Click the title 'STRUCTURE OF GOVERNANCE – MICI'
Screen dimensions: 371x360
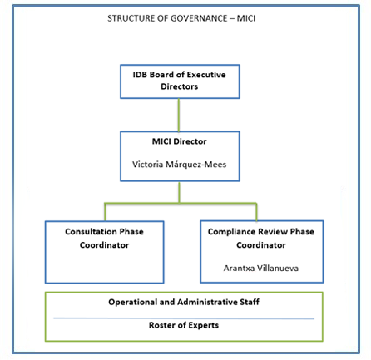[x=181, y=18]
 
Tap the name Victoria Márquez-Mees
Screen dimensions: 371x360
[x=179, y=165]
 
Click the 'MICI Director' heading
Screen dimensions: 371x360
[x=179, y=141]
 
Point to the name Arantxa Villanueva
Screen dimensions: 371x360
[x=261, y=268]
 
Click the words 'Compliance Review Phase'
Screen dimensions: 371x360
[x=261, y=231]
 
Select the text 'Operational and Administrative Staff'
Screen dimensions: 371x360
[x=184, y=302]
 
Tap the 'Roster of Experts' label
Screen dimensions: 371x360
[x=184, y=325]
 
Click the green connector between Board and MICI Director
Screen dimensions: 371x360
[x=179, y=115]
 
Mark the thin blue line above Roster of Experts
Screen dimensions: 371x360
[x=184, y=318]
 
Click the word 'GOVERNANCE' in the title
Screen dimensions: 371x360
[x=199, y=18]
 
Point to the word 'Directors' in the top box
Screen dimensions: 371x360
[x=179, y=86]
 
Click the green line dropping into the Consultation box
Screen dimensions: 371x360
[x=105, y=212]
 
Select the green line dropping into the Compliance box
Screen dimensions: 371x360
[x=256, y=212]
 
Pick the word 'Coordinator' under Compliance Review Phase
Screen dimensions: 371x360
[x=261, y=245]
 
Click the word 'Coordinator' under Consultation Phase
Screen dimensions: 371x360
[x=104, y=245]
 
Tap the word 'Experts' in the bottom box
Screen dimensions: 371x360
[x=204, y=325]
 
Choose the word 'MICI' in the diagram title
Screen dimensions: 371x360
[x=246, y=18]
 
